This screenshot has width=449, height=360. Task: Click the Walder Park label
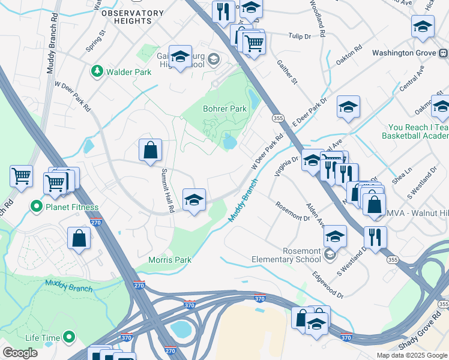click(128, 72)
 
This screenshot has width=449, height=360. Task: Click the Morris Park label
click(170, 260)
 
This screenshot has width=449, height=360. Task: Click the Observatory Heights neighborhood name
click(132, 17)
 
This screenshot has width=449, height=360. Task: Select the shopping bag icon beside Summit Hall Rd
click(150, 151)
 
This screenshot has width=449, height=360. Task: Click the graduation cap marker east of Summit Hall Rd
click(194, 200)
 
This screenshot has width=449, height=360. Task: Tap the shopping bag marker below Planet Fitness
click(79, 238)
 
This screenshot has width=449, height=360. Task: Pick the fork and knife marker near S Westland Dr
click(375, 238)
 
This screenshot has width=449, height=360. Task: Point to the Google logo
click(20, 353)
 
